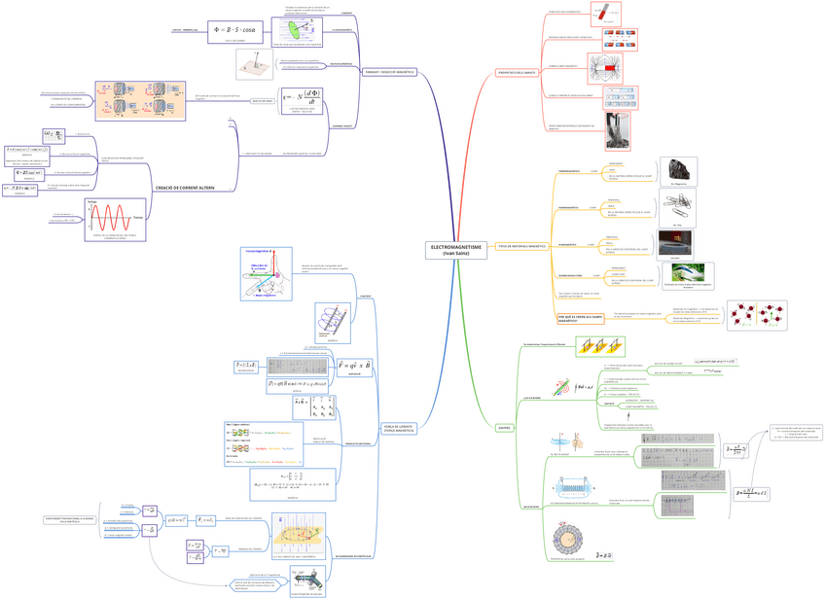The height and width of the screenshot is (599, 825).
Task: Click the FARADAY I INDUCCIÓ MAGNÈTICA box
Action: pos(389,72)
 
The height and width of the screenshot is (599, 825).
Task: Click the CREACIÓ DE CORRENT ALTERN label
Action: pos(185,187)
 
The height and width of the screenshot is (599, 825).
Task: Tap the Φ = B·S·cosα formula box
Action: pos(228,30)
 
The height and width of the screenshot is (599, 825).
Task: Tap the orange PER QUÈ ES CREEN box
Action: pos(574,318)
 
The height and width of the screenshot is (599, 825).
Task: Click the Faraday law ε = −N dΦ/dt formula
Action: pos(304,100)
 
